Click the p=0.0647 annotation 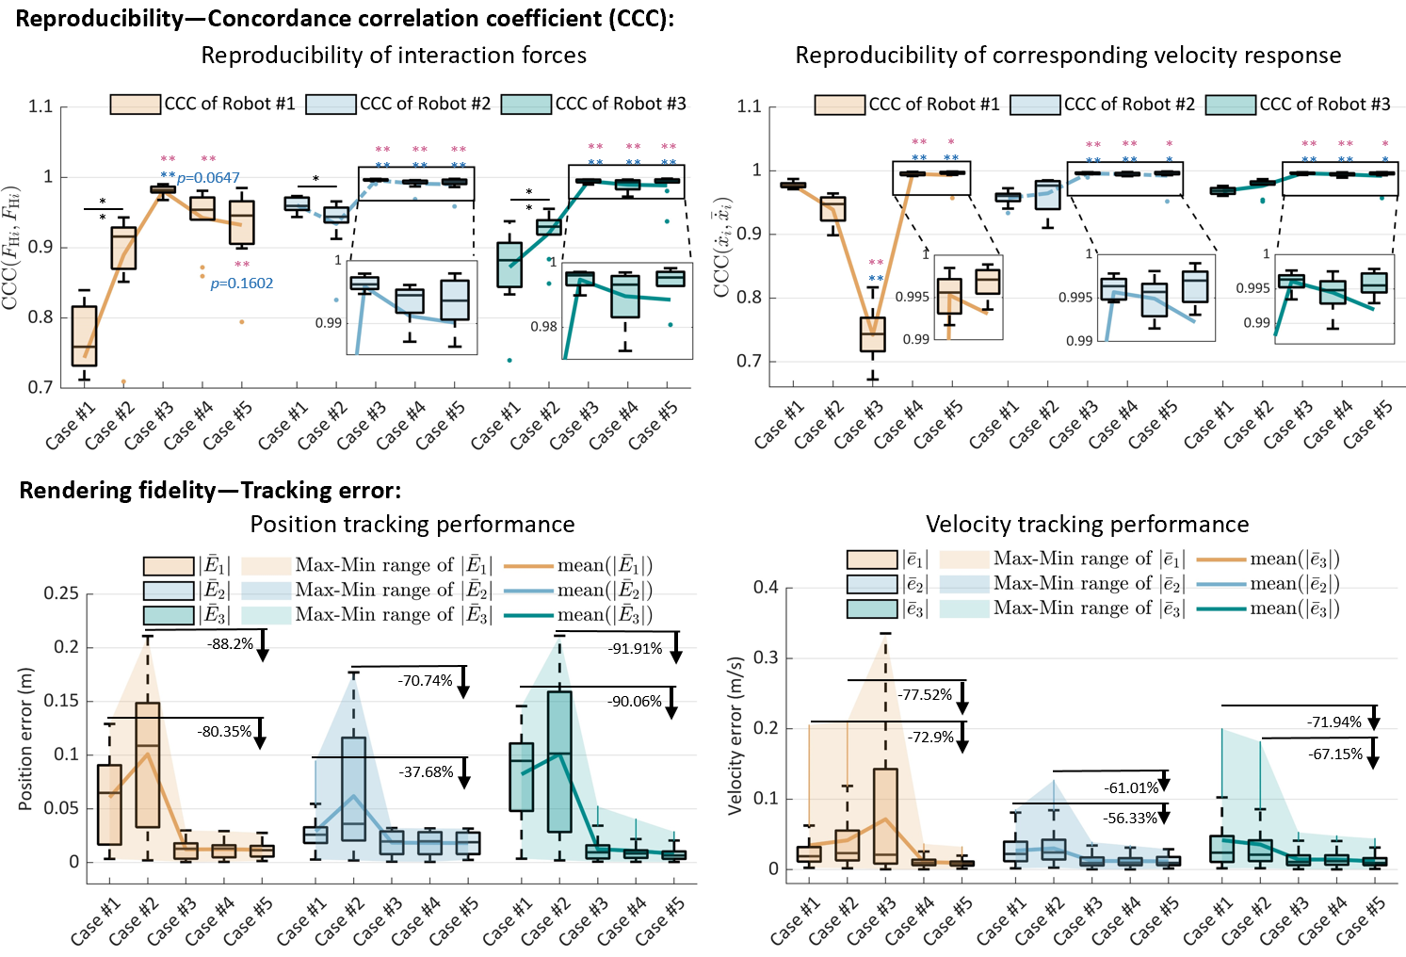208,178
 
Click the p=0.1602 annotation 241,283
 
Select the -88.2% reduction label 231,644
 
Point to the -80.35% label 224,732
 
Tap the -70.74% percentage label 425,680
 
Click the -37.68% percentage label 426,771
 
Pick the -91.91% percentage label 635,649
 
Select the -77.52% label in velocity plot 925,695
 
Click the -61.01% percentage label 1131,788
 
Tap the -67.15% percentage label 1335,754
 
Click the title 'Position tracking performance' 412,525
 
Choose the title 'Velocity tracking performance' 1087,525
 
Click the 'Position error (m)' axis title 26,738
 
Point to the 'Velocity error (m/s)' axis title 735,736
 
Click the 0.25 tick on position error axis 61,593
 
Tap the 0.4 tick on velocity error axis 766,588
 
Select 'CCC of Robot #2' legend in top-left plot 425,104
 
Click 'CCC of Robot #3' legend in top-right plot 1324,104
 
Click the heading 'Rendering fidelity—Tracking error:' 210,490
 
